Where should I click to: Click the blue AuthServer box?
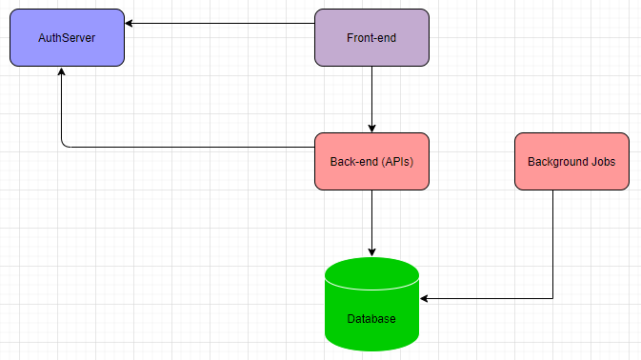[x=67, y=38]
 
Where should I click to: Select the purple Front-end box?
[x=371, y=38]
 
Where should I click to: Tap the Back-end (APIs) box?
[x=371, y=161]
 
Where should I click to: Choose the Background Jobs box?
[x=571, y=161]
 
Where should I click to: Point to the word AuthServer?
[x=67, y=38]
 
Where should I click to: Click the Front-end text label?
[x=371, y=38]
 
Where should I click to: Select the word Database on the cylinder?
[x=371, y=319]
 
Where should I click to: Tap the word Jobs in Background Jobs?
[x=602, y=161]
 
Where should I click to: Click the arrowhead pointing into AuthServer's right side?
[x=130, y=24]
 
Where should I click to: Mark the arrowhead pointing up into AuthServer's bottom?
[x=62, y=72]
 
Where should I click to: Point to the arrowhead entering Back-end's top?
[x=371, y=128]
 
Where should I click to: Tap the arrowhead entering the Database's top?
[x=371, y=251]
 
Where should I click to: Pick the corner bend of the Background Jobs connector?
[x=552, y=299]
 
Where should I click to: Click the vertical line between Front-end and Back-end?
[x=371, y=95]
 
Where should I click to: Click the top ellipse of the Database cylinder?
[x=371, y=272]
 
